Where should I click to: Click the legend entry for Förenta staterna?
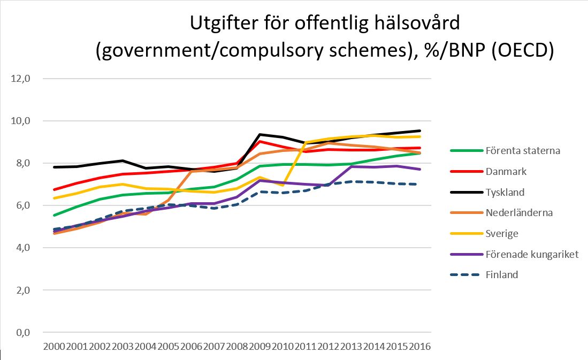pyautogui.click(x=522, y=150)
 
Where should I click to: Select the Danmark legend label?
pyautogui.click(x=505, y=171)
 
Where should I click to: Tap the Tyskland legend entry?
pyautogui.click(x=505, y=192)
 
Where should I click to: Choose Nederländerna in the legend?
pyautogui.click(x=518, y=212)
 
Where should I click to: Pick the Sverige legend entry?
pyautogui.click(x=501, y=233)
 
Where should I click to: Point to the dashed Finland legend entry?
pyautogui.click(x=501, y=274)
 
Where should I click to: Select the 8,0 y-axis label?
pyautogui.click(x=21, y=163)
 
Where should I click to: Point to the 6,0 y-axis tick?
pyautogui.click(x=21, y=205)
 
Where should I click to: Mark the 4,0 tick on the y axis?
pyautogui.click(x=21, y=248)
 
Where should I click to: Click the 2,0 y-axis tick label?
pyautogui.click(x=21, y=290)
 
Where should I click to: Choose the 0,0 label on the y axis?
pyautogui.click(x=21, y=332)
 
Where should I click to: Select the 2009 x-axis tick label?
pyautogui.click(x=259, y=346)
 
